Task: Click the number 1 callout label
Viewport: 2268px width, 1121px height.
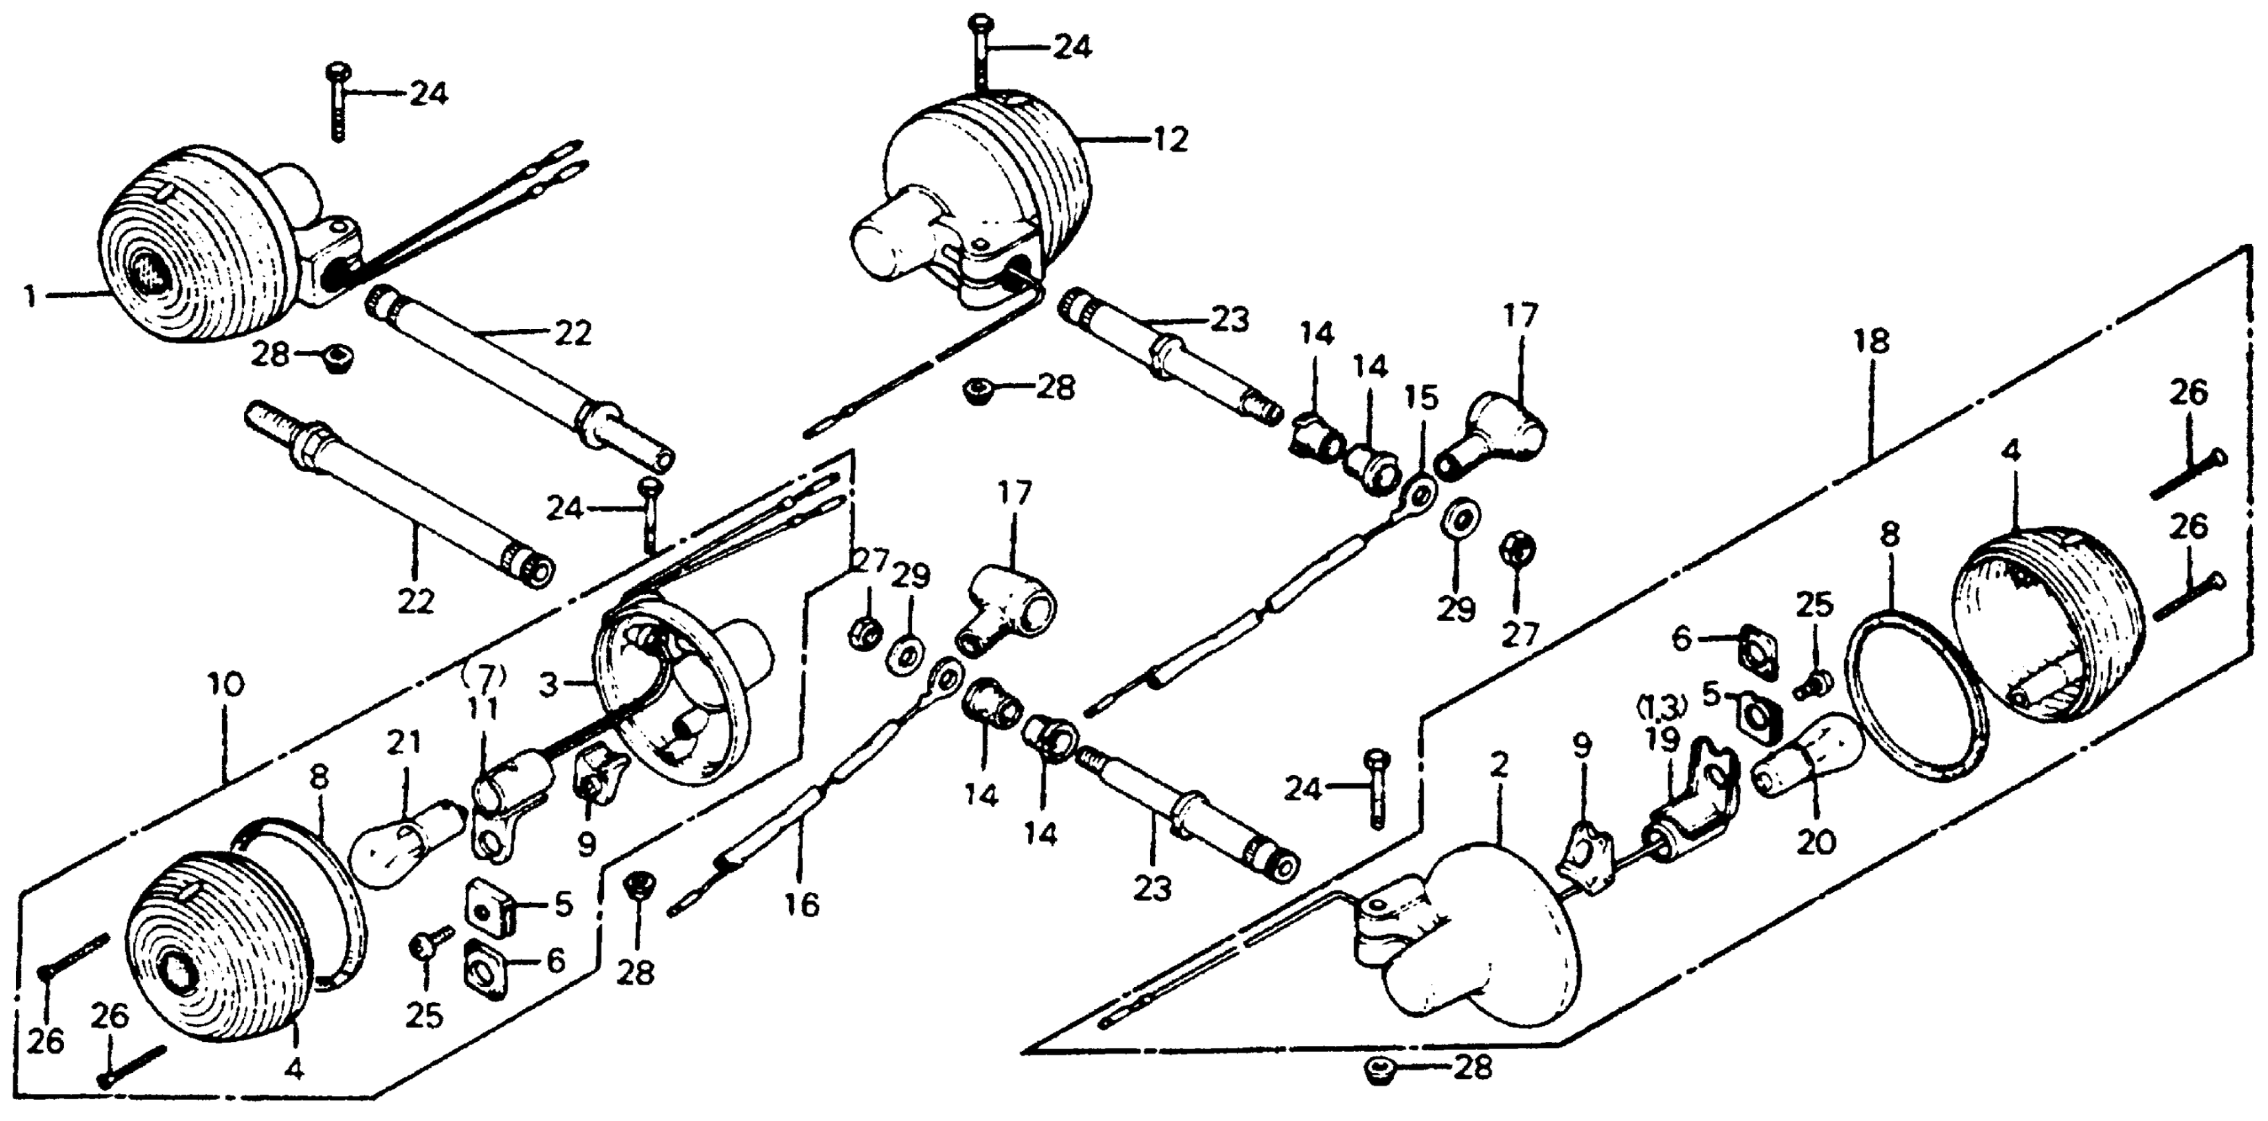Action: (30, 297)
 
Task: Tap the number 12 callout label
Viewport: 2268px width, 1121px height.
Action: (1170, 140)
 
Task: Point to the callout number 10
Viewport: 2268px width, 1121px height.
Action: (226, 684)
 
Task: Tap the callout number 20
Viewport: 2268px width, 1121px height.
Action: (1816, 842)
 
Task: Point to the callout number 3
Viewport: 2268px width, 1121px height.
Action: (549, 685)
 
